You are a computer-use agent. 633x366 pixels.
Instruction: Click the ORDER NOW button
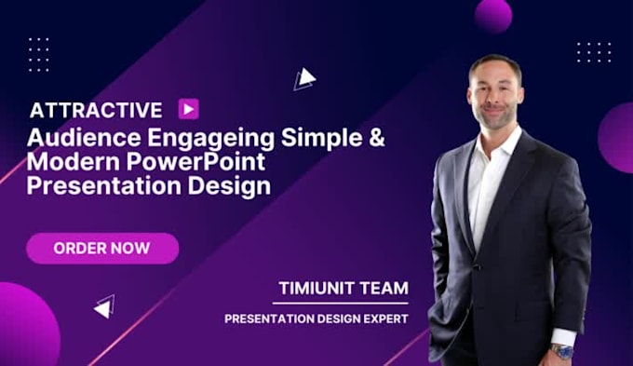(x=102, y=249)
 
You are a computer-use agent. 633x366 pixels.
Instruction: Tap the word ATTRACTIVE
(x=96, y=110)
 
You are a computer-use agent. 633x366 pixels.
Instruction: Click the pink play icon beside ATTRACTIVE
(x=188, y=109)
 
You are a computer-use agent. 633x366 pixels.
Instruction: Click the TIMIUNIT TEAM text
(x=343, y=288)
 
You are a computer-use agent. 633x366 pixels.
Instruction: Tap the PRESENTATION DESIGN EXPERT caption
(x=316, y=319)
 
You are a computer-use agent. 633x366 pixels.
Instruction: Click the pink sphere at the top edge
(x=492, y=13)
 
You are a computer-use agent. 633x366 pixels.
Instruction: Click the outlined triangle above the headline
(x=304, y=80)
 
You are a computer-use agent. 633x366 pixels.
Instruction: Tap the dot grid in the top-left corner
(x=38, y=53)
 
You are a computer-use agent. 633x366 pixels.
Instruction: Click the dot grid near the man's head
(x=593, y=53)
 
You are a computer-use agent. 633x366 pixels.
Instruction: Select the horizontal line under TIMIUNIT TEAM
(x=343, y=303)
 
